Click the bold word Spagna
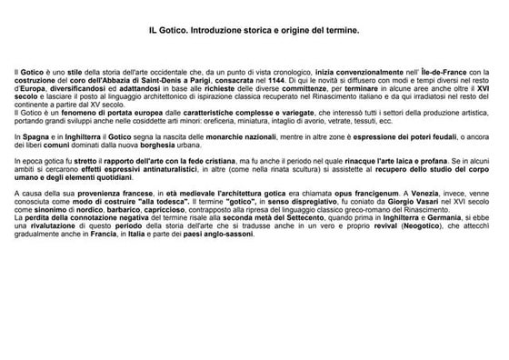pos(34,135)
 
